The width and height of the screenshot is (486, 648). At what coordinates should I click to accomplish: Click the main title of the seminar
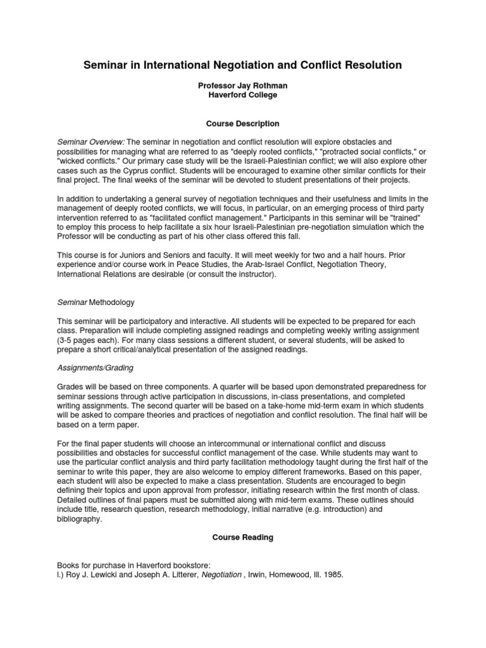243,65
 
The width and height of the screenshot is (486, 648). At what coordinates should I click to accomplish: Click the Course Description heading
243,123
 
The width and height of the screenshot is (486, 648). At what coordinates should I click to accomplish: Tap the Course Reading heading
243,537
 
